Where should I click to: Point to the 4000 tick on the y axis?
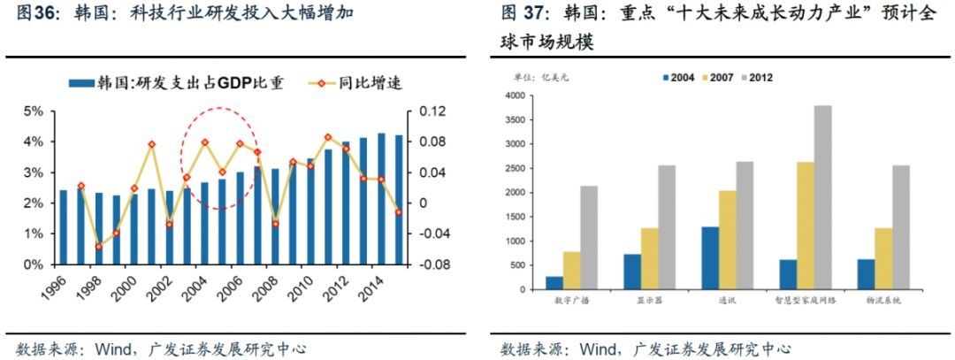(x=514, y=96)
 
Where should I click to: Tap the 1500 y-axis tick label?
(x=514, y=217)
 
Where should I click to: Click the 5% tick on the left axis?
(x=34, y=111)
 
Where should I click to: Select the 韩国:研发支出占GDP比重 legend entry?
(x=181, y=83)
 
